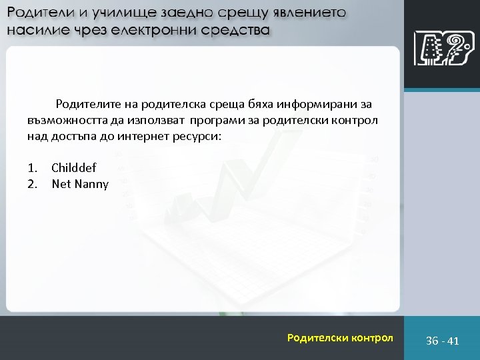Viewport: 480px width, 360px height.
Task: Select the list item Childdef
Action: click(x=73, y=168)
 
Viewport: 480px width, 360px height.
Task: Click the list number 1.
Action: click(x=32, y=168)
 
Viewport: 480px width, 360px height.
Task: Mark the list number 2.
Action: click(x=32, y=183)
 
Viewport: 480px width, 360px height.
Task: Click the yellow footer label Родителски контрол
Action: click(x=340, y=338)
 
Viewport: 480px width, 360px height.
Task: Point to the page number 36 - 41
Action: click(x=443, y=341)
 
